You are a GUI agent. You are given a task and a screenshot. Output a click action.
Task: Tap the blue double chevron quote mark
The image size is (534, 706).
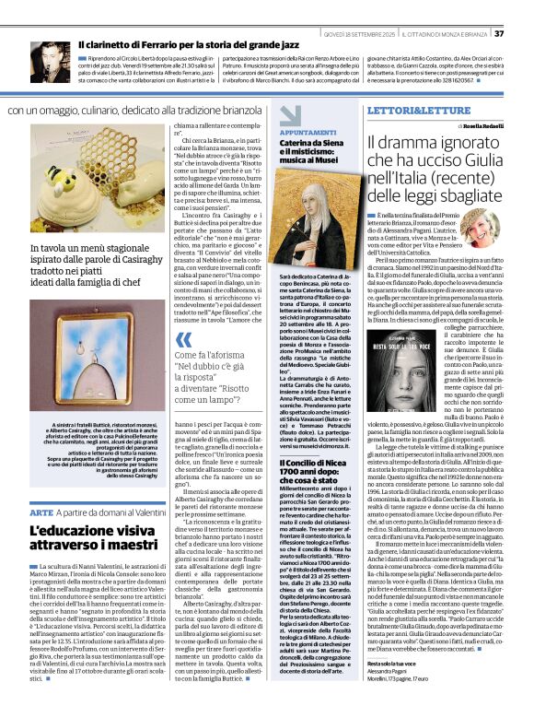pos(182,341)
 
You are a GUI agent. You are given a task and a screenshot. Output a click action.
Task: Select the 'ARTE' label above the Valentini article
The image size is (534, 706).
pos(41,512)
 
